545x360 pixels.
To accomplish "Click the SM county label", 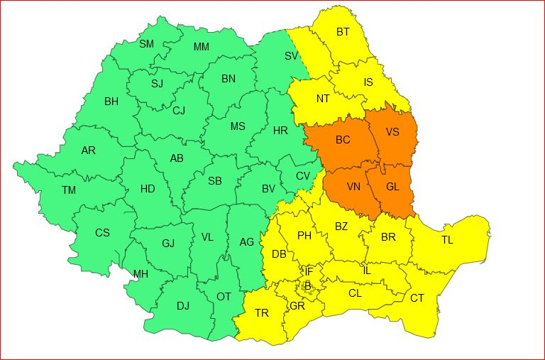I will coord(146,44).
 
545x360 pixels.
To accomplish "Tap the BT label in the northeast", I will coord(343,32).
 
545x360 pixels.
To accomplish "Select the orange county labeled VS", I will coord(392,132).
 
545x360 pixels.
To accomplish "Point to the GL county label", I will coord(392,187).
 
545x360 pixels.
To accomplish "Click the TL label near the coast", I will coord(447,240).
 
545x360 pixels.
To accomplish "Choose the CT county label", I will coord(417,298).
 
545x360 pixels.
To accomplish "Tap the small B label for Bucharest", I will coord(307,285).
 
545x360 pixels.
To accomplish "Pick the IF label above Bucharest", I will coord(309,271).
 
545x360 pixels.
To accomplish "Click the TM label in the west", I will coord(68,190).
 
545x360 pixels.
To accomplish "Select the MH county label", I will coord(141,274).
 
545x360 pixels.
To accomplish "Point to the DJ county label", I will coord(183,306).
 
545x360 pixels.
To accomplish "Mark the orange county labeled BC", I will coord(343,140).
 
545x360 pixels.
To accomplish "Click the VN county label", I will coord(353,187).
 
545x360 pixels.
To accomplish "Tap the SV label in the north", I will coord(291,55).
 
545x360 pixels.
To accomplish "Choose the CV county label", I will coord(303,176).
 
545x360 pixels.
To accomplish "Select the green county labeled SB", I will coord(215,181).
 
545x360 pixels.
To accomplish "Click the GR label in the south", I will coord(297,306).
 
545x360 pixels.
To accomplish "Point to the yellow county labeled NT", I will coord(323,99).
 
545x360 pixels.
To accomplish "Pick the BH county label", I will coord(111,102).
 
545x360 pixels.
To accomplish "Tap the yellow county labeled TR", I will coord(262,313).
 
